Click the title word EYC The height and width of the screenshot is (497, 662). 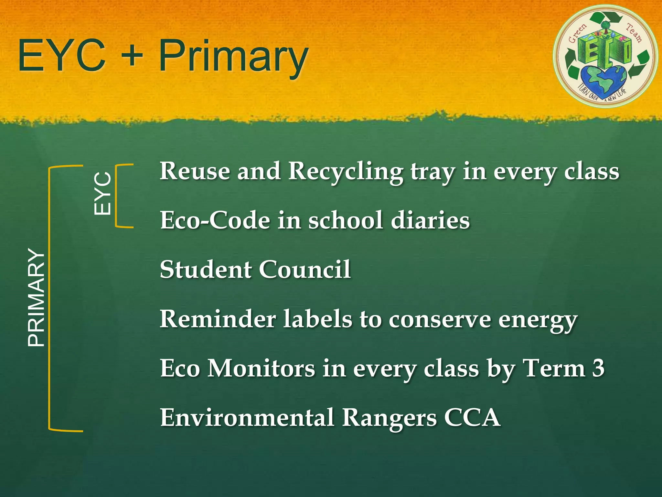point(61,56)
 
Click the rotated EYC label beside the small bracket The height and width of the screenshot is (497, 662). point(102,193)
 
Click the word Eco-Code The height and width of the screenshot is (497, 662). point(215,220)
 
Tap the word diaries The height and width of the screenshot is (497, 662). point(430,220)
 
